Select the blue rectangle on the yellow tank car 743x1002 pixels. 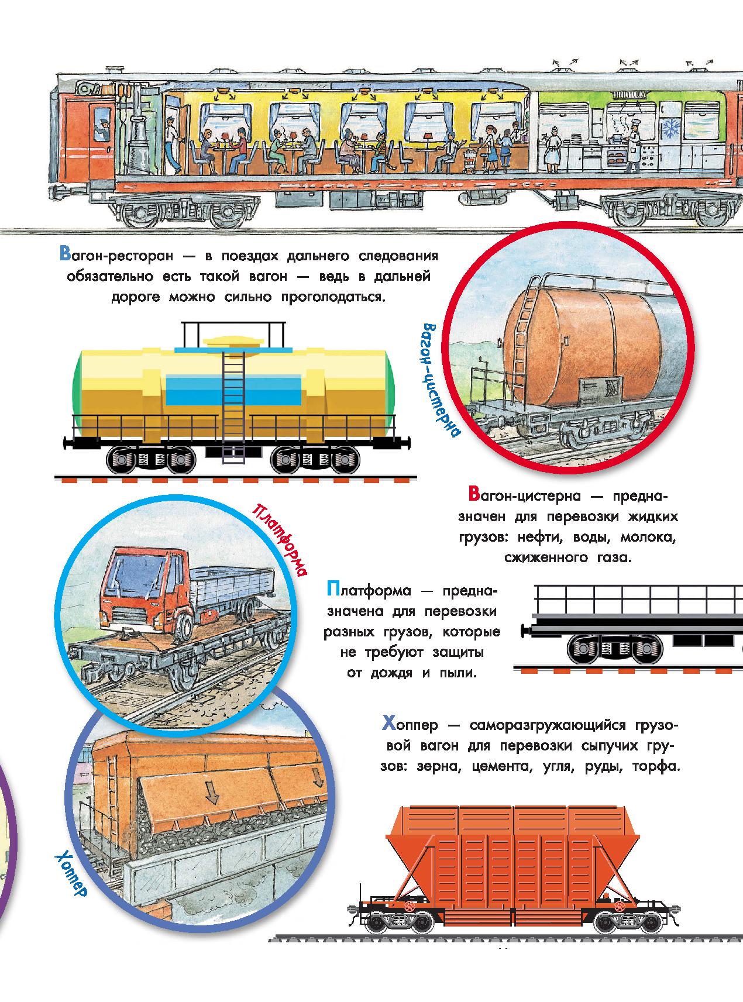click(x=234, y=390)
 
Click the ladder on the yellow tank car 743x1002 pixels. click(x=232, y=404)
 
